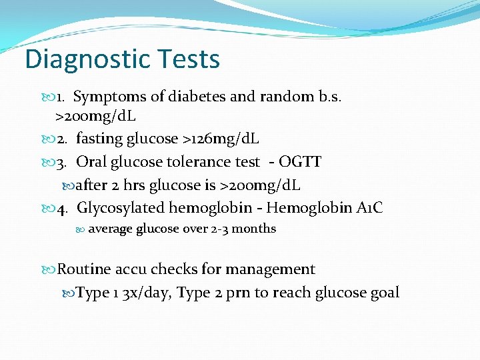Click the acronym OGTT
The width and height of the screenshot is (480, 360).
(x=300, y=161)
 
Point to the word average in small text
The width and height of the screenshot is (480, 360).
(x=110, y=229)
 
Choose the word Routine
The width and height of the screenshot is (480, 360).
(x=83, y=269)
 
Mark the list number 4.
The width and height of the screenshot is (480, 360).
(x=63, y=207)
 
